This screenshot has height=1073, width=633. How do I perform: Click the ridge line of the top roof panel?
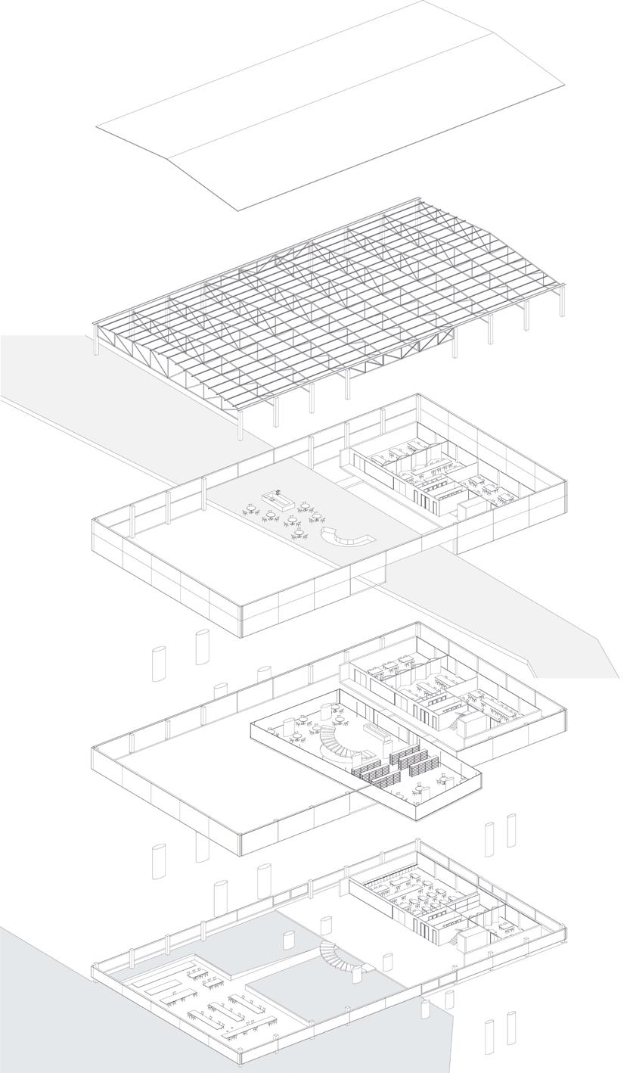point(330,96)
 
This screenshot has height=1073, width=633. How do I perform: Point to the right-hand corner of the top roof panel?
point(564,85)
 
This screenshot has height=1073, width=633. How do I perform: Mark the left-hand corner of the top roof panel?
point(97,128)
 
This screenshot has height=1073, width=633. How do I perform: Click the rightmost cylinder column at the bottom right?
point(511,1028)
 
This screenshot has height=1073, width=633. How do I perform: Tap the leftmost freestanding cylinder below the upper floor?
point(159,664)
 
